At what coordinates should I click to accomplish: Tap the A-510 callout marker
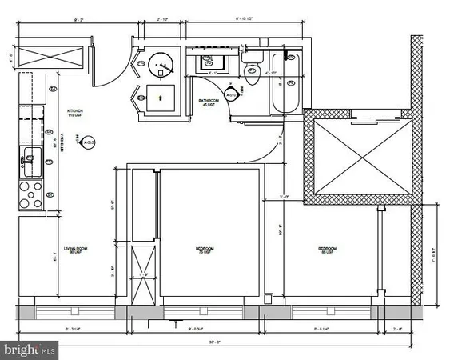(233, 96)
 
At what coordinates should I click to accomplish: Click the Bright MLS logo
(30, 350)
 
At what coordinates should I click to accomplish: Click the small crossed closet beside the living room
(145, 274)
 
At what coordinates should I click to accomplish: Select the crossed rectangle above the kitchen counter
(50, 58)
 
